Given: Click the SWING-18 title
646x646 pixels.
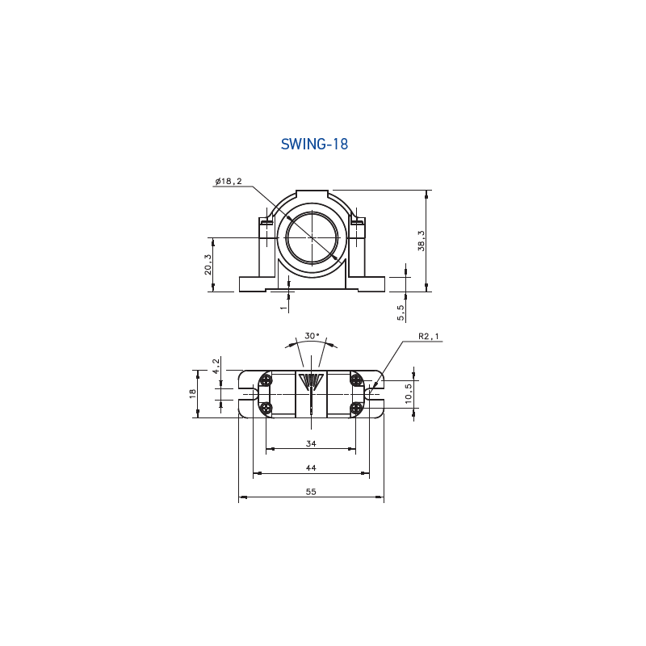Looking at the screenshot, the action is coord(314,145).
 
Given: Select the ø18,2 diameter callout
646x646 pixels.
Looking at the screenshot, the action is coord(229,181).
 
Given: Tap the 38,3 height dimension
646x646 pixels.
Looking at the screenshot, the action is coord(421,241).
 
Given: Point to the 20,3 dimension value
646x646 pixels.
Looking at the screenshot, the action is coord(208,264).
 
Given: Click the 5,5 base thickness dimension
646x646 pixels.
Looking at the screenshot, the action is coord(401,313).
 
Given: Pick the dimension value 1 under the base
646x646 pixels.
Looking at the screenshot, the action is coord(283,308).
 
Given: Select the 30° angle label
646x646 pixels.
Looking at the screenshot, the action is coord(312,336).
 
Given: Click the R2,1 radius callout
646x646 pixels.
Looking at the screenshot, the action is coord(429,336).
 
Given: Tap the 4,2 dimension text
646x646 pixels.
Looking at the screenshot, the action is coord(216,366).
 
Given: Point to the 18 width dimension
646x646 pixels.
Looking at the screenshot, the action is coord(192,393).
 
